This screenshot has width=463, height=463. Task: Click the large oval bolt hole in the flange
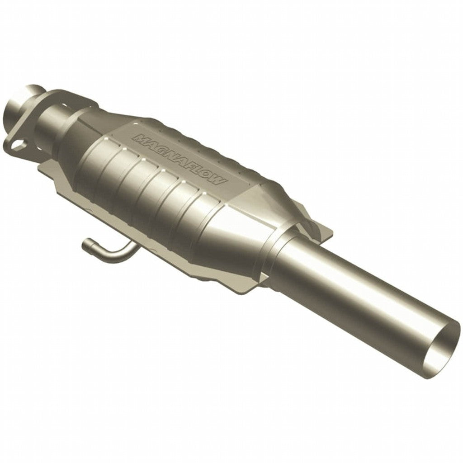point(17,146)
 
